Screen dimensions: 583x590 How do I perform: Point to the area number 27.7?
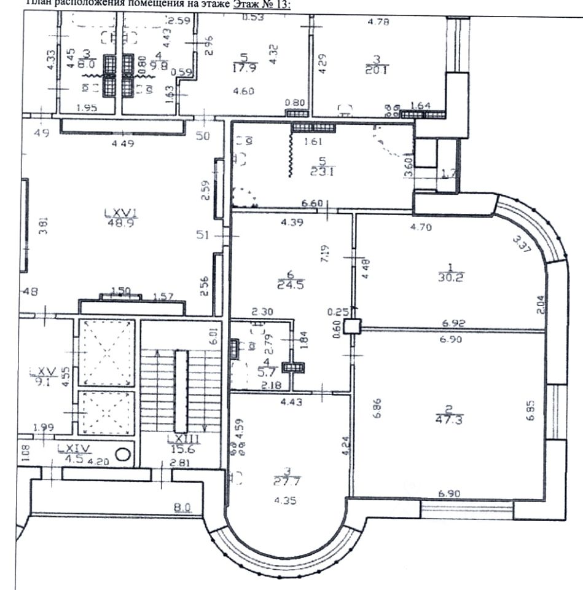(x=284, y=481)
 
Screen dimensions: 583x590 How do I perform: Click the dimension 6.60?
(x=311, y=203)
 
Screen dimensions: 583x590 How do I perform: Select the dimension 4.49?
(x=122, y=144)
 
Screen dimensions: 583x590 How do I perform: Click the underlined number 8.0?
(x=181, y=508)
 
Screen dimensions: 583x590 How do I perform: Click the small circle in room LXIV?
(x=123, y=455)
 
